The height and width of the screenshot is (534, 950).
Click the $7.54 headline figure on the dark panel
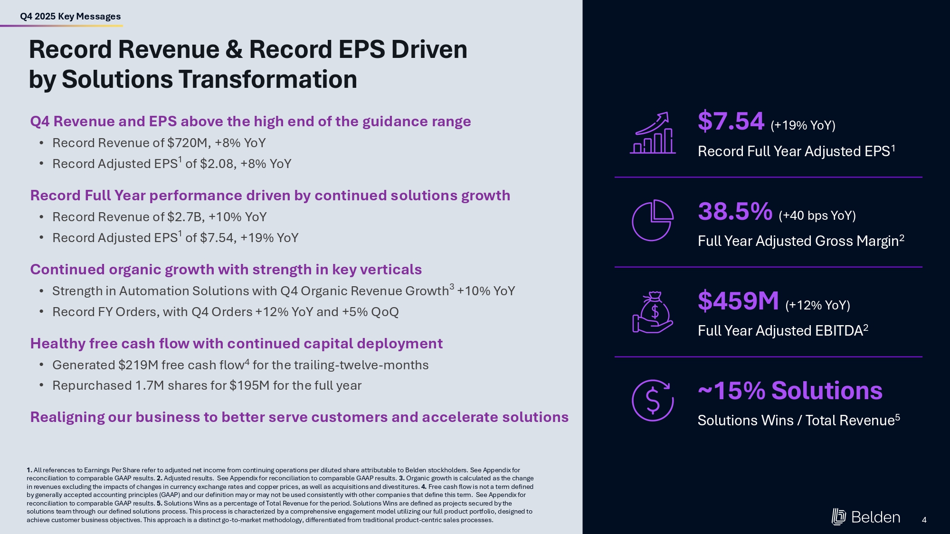731,121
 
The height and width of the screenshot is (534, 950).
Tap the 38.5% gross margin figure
735,212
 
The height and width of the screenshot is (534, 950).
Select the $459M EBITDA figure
738,301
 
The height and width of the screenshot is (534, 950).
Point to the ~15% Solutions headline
789,391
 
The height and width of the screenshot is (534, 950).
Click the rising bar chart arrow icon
653,133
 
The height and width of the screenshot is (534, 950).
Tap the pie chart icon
653,220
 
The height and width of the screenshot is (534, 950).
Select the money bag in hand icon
653,312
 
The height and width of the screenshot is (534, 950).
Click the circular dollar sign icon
653,400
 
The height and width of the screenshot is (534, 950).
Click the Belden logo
865,517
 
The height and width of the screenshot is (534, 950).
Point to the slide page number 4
924,520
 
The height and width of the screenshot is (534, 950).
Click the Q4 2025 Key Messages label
70,17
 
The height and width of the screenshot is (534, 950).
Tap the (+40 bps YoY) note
817,216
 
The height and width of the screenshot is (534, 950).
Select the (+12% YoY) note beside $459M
817,305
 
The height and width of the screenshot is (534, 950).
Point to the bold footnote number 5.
159,503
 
